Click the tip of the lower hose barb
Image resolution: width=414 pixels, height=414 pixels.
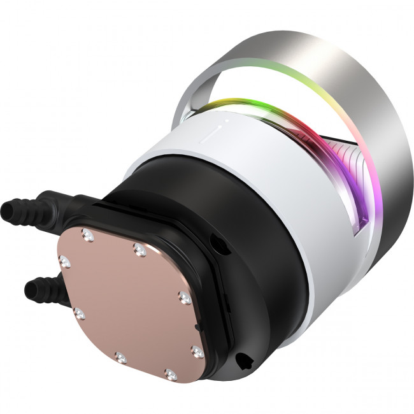pyautogui.click(x=29, y=290)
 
